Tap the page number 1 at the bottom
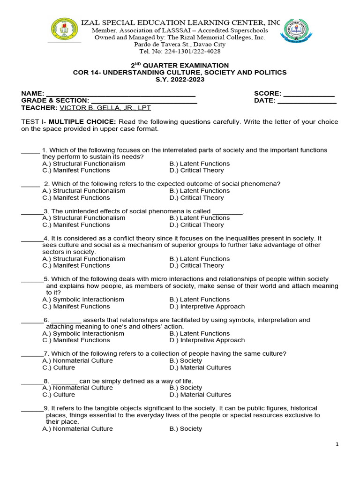[x=337, y=445]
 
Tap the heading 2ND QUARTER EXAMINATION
[x=180, y=66]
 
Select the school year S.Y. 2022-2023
[x=180, y=79]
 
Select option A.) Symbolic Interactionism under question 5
[x=83, y=300]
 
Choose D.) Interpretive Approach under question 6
[x=207, y=340]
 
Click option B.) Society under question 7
[x=186, y=361]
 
